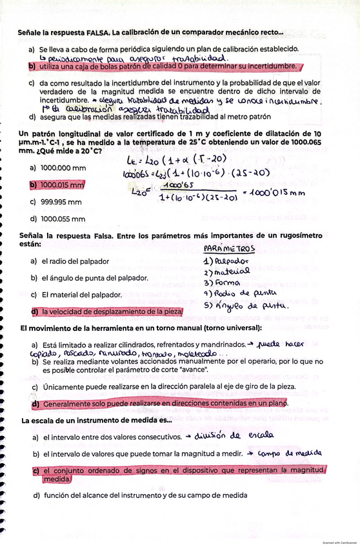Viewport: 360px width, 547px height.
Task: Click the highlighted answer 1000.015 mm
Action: click(63, 184)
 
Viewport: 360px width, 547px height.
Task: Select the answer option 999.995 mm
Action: click(61, 201)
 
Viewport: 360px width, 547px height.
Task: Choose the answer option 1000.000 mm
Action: click(63, 167)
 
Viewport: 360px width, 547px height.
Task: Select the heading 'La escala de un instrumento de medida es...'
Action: click(97, 420)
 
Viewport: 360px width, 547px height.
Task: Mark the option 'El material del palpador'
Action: click(81, 295)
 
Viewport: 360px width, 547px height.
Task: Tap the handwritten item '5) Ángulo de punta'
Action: click(237, 308)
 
